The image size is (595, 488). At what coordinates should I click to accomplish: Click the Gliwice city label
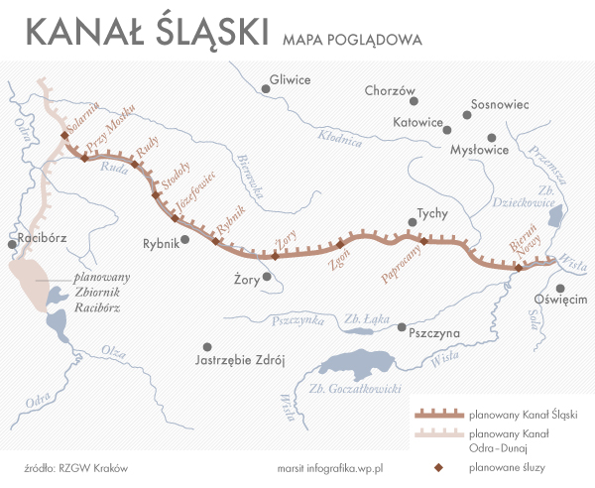click(x=291, y=80)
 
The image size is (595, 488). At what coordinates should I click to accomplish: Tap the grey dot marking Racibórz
click(x=10, y=241)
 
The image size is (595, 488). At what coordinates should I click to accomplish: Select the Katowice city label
click(x=416, y=123)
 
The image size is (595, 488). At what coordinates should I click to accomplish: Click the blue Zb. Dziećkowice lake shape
click(x=556, y=216)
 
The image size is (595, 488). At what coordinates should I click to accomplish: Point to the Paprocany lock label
click(x=405, y=265)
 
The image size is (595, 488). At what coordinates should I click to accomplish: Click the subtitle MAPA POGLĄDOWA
click(x=352, y=40)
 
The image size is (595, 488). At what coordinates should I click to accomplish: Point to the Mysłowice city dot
click(x=492, y=139)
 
